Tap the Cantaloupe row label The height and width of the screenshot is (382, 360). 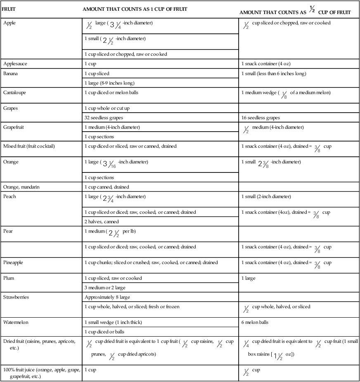(14, 93)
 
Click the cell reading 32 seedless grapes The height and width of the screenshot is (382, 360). (103, 118)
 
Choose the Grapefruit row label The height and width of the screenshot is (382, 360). (14, 127)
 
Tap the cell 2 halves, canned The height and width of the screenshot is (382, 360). (102, 222)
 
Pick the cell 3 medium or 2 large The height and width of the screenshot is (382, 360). (105, 288)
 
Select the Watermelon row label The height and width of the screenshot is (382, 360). (15, 323)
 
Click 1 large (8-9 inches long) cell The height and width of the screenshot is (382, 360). (109, 83)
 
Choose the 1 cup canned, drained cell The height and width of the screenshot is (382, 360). (107, 187)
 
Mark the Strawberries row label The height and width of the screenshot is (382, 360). (16, 297)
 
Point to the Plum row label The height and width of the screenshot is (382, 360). (9, 278)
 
